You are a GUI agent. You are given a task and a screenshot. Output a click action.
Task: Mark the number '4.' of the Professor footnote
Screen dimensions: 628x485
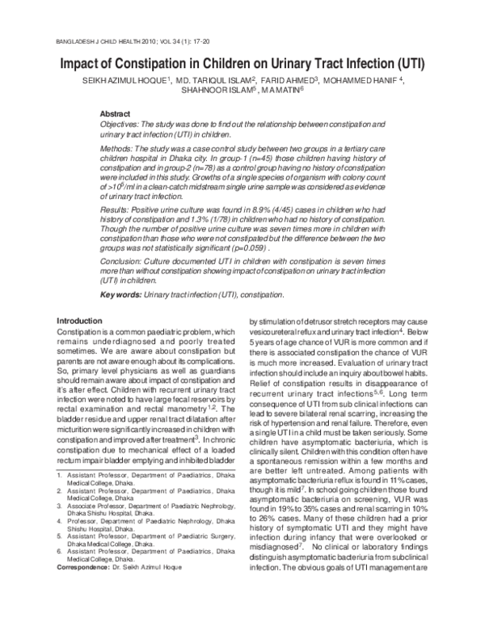coord(60,568)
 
